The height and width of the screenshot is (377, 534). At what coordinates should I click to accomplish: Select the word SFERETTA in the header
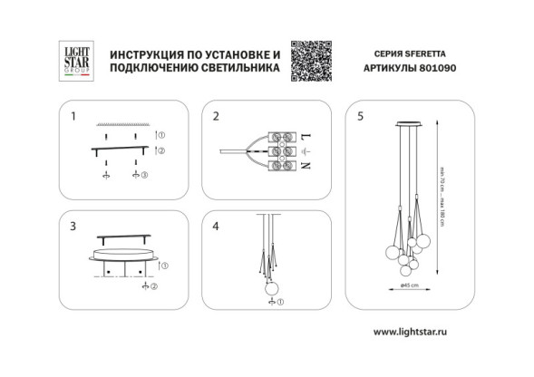point(428,53)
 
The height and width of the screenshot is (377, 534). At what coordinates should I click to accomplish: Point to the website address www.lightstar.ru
point(411,332)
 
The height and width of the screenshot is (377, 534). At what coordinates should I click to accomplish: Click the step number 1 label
point(74,117)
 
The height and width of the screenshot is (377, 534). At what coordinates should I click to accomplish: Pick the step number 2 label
point(216,117)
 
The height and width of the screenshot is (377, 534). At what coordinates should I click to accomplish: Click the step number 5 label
point(361,117)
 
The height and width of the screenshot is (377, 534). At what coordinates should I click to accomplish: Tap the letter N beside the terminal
point(306,166)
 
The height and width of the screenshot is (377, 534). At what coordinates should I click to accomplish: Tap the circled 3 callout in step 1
point(143,173)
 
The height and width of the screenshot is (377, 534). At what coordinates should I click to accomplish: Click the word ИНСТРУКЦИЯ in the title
point(144,53)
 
